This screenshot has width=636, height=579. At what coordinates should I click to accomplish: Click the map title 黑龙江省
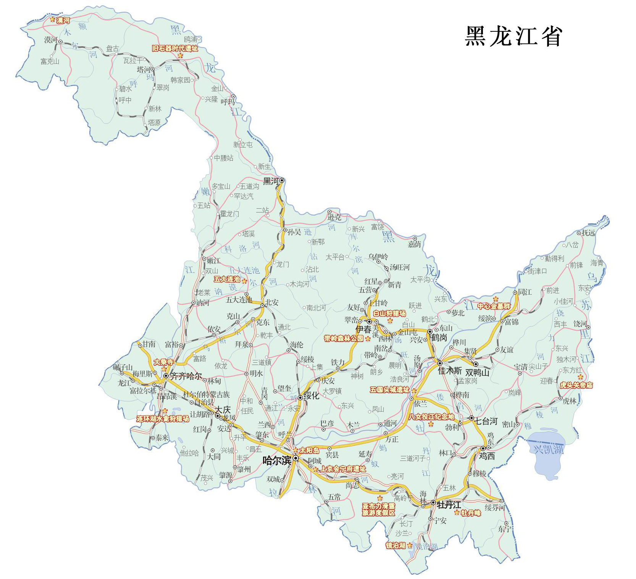(x=513, y=37)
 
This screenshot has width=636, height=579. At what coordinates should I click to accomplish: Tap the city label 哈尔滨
(x=276, y=461)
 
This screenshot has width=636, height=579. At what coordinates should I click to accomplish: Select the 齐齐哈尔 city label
(x=186, y=376)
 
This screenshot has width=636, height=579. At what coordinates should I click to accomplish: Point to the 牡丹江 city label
(x=449, y=505)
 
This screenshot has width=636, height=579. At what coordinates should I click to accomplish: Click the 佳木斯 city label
(x=450, y=371)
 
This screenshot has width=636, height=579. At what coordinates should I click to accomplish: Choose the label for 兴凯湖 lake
(x=548, y=449)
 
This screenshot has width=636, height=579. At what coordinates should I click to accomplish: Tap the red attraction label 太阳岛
(x=309, y=451)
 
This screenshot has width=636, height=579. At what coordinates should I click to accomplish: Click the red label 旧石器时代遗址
(x=175, y=49)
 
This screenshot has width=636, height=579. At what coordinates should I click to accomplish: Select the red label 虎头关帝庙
(x=576, y=385)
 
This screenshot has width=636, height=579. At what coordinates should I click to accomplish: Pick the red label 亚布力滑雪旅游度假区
(x=378, y=509)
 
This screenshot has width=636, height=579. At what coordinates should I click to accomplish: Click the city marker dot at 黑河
(x=282, y=180)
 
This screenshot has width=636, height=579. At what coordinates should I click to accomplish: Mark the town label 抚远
(x=588, y=233)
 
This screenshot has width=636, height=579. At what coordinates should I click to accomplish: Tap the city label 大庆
(x=223, y=410)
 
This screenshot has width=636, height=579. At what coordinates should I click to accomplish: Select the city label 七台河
(x=486, y=421)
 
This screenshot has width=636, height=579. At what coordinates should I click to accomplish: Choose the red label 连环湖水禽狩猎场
(x=163, y=419)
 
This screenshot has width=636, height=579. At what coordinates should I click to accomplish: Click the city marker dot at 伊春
(x=369, y=322)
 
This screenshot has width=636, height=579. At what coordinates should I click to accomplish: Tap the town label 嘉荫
(x=414, y=244)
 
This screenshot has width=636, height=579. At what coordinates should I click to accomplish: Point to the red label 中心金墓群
(x=494, y=306)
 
